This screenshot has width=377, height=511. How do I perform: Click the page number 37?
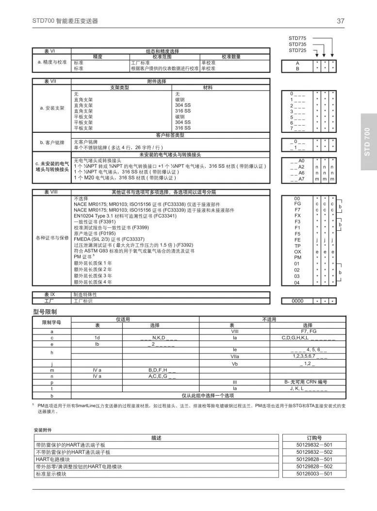click(x=341, y=21)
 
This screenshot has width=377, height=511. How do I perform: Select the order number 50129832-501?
click(x=314, y=445)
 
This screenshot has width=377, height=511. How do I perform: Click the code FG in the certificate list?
click(x=297, y=204)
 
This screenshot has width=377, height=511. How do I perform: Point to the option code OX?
click(x=297, y=252)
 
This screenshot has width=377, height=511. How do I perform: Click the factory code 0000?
click(x=297, y=301)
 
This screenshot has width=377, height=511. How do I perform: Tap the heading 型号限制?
click(x=45, y=311)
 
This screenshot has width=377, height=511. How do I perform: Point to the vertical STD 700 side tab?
click(x=367, y=142)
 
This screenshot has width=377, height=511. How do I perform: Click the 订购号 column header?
click(x=314, y=437)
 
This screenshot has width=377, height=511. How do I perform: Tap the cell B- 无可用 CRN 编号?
click(x=308, y=382)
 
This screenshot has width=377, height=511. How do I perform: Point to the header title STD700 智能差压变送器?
click(x=65, y=21)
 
